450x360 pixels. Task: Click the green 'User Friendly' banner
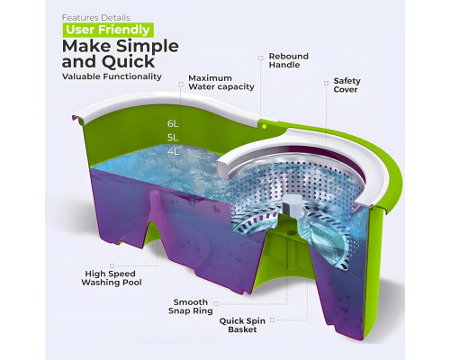(x=108, y=30)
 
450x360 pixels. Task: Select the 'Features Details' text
(x=96, y=18)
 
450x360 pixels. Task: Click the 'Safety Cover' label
(x=346, y=85)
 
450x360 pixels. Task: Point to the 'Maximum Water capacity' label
(x=221, y=83)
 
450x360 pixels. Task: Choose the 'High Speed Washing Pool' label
(x=112, y=278)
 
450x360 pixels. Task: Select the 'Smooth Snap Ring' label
(x=191, y=306)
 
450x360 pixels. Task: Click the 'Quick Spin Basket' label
(x=242, y=325)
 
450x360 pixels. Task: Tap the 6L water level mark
(x=173, y=123)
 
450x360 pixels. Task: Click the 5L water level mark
(x=173, y=138)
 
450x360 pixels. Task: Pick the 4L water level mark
(x=173, y=152)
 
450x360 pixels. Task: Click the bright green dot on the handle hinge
(x=264, y=127)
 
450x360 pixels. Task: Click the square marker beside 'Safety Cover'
(x=326, y=83)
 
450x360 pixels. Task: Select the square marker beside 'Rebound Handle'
(x=260, y=58)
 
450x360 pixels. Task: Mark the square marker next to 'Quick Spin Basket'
(x=272, y=320)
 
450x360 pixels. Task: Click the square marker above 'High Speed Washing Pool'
(x=112, y=265)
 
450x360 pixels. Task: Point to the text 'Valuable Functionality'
(x=112, y=76)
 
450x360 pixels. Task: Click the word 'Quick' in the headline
(x=129, y=62)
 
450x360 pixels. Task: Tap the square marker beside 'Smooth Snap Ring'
(x=215, y=304)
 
